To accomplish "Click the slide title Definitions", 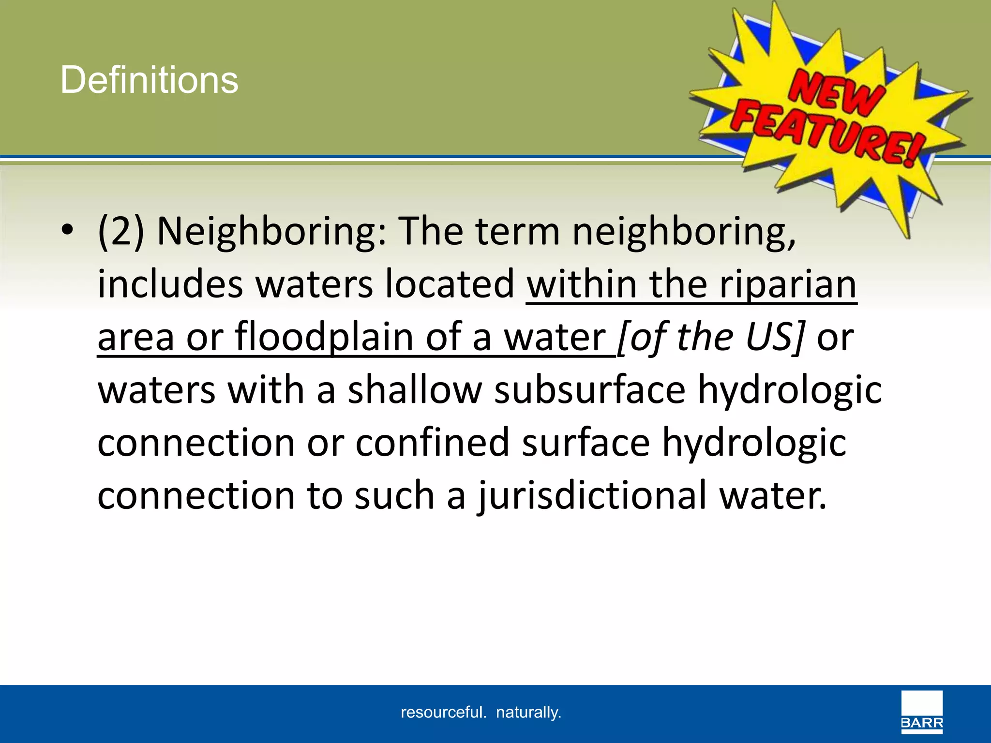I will (149, 80).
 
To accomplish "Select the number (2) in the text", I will (120, 231).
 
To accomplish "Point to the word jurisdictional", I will (592, 496).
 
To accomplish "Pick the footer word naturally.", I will (528, 712).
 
